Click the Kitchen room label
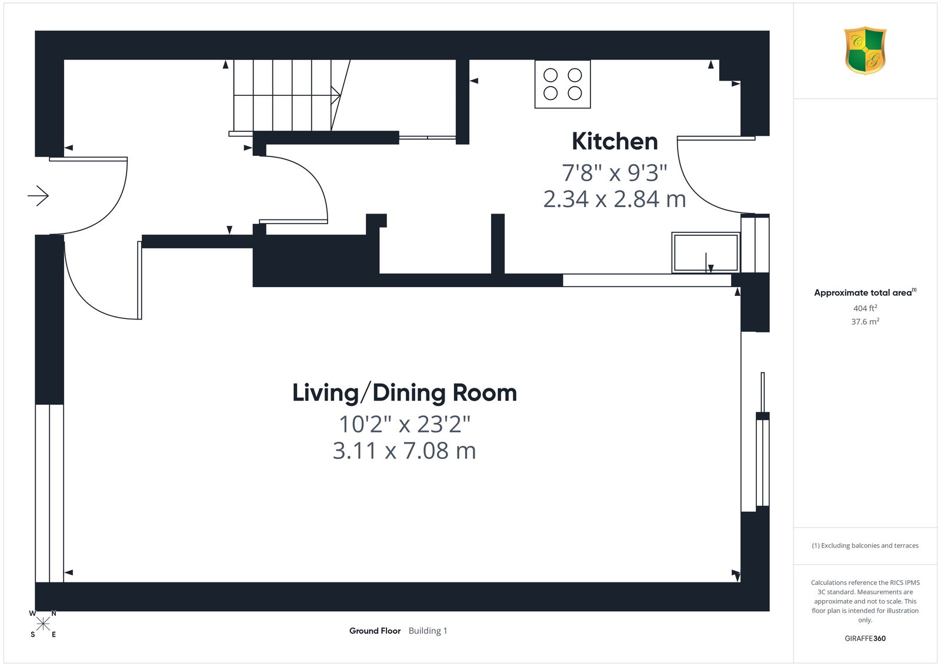615,141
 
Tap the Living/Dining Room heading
405,393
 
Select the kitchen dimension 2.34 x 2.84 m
615,199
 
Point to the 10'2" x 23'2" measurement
405,424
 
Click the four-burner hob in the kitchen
562,84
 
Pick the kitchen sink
705,252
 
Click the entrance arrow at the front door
38,196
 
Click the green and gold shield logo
865,51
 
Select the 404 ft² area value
865,308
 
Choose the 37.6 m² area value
865,321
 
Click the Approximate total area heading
865,292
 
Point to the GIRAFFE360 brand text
865,638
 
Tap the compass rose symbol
43,624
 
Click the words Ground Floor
375,631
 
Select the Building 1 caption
428,631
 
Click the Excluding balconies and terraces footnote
865,545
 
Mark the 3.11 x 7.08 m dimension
405,451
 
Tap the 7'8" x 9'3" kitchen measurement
615,173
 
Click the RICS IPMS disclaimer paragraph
865,601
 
